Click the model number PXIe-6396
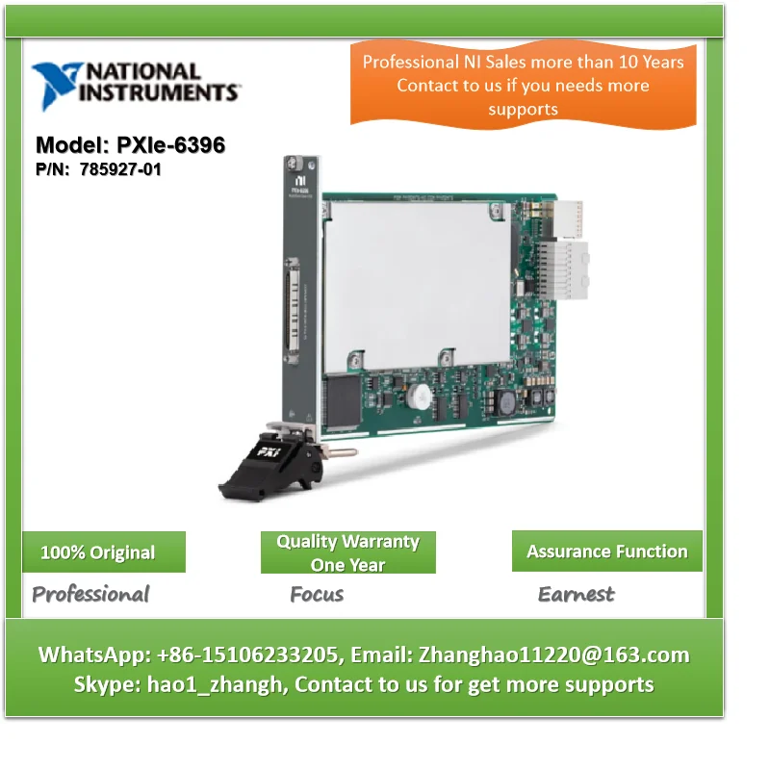click(x=130, y=145)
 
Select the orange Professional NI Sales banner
click(x=523, y=85)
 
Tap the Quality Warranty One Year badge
click(x=347, y=552)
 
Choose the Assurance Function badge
click(x=606, y=552)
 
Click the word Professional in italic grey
click(x=90, y=594)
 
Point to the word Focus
click(x=317, y=594)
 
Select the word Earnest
click(x=576, y=594)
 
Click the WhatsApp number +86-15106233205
click(x=245, y=655)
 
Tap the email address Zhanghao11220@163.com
click(x=552, y=655)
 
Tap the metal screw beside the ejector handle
click(x=332, y=450)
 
